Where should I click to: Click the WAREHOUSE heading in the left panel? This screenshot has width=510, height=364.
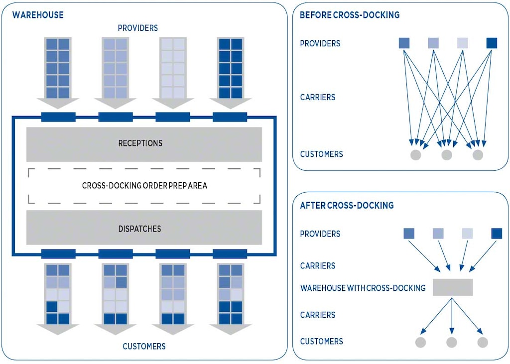(38, 15)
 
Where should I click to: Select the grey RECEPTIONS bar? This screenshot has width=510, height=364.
(144, 144)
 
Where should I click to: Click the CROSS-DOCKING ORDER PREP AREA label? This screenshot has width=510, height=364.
(144, 186)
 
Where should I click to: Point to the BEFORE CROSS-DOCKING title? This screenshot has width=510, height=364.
(349, 15)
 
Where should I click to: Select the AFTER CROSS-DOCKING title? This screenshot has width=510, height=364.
(347, 205)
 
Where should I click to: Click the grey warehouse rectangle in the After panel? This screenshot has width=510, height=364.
(452, 287)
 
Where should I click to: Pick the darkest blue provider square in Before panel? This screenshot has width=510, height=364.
(492, 43)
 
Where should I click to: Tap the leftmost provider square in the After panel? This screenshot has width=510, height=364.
(409, 233)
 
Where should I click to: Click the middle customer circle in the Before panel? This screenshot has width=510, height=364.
(447, 155)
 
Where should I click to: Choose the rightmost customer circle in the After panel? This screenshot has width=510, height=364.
(483, 342)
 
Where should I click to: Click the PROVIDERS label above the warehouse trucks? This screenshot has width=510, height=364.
(138, 28)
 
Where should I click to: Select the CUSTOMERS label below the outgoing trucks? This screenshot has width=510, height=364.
(144, 346)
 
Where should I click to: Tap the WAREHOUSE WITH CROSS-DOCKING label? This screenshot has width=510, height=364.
(363, 288)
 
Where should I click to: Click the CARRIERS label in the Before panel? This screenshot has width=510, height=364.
(317, 97)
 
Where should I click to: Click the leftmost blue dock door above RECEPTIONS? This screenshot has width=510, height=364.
(58, 117)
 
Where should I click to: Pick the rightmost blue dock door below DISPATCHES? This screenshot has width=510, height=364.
(230, 254)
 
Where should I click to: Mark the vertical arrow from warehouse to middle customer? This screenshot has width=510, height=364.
(452, 316)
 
